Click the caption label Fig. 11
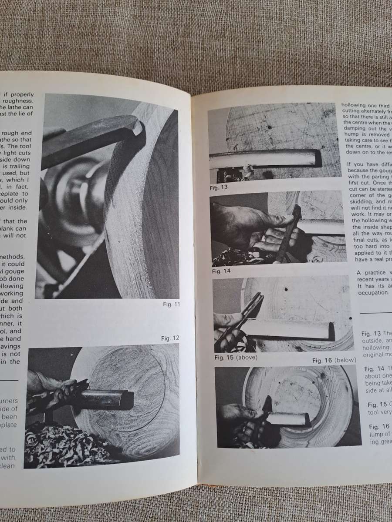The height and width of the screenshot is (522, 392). click(170, 304)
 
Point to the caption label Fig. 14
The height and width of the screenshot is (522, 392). click(222, 271)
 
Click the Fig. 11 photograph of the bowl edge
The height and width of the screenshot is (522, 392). click(109, 196)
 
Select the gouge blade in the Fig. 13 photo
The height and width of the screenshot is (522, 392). click(270, 159)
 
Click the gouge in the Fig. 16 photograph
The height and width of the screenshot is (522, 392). click(287, 419)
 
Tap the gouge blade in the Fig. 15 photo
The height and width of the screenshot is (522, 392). click(287, 328)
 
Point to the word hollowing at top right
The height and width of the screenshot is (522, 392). click(358, 105)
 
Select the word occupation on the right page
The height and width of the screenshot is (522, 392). click(374, 293)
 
